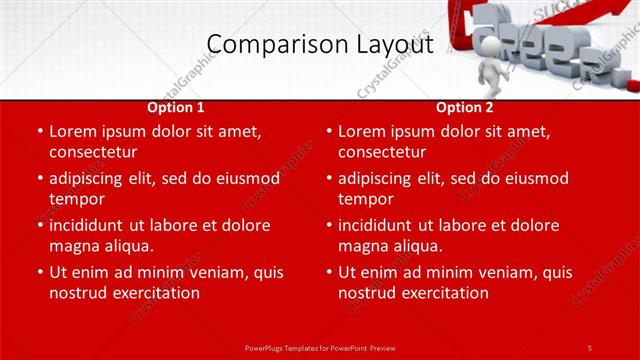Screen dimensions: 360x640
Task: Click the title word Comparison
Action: pos(268,44)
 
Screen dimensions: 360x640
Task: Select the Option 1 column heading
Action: pos(176,106)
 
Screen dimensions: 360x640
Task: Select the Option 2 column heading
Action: pos(465,106)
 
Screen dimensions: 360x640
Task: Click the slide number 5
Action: pos(590,347)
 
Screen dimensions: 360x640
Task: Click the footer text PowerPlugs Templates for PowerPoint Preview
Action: pos(319,347)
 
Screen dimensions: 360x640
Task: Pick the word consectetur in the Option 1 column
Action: pos(92,151)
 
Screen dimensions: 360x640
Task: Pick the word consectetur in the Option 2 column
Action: pos(381,151)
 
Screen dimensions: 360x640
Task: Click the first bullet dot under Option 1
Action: pos(39,131)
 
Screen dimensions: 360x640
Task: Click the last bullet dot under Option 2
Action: pos(328,272)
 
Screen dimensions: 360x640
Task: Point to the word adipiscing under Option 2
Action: pos(378,178)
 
